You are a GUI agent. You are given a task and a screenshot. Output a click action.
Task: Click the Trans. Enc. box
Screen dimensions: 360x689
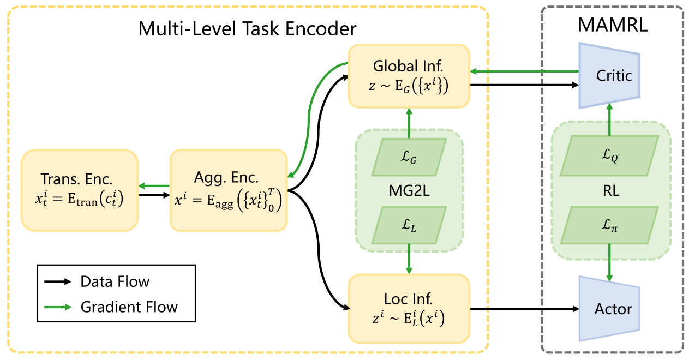pos(80,190)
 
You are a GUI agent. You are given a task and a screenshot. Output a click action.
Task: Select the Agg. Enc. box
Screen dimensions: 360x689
pos(229,190)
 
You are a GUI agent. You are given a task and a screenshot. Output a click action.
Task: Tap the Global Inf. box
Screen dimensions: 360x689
pos(409,76)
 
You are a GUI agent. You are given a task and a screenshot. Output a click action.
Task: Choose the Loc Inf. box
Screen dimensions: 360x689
pos(409,308)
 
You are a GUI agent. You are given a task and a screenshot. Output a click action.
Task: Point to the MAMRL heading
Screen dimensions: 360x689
pos(613,25)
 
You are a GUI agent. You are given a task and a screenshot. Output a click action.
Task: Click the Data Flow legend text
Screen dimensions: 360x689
pos(115,282)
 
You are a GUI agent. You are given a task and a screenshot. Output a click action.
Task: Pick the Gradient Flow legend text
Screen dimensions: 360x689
pos(129,307)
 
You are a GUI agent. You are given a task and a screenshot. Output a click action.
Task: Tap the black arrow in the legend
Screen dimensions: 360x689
pos(57,282)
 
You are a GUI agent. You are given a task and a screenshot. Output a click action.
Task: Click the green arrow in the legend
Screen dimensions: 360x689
pos(57,307)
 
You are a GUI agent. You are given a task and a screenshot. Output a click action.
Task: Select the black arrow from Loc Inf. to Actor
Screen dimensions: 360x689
pos(524,309)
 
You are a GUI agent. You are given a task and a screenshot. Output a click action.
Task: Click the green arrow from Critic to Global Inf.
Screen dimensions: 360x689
pos(524,71)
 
